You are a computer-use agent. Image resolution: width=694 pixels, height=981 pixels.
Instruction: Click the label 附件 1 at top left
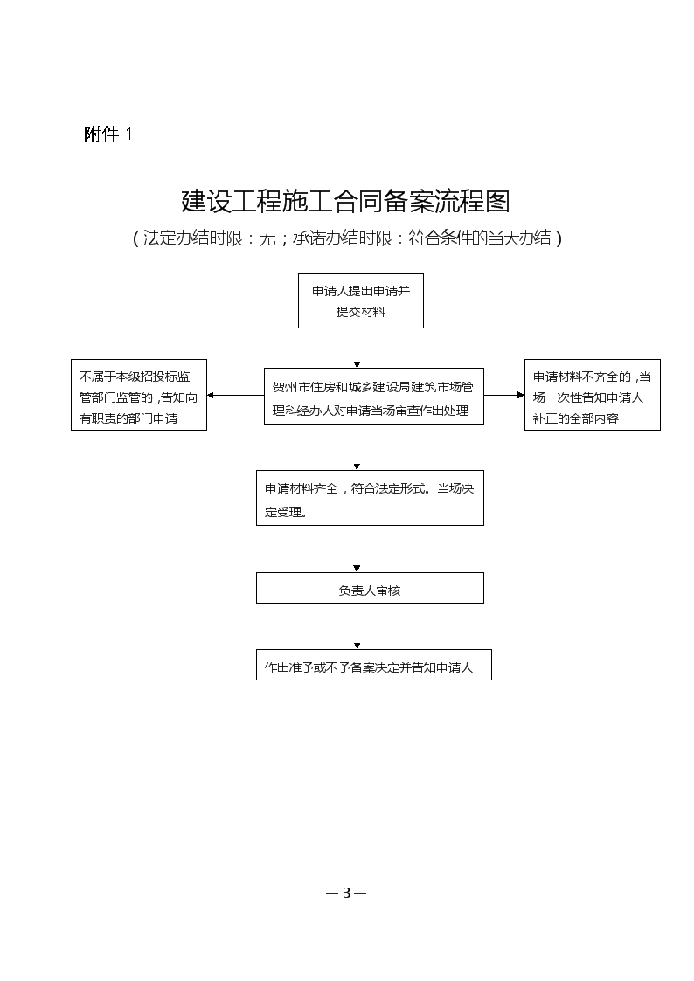(108, 134)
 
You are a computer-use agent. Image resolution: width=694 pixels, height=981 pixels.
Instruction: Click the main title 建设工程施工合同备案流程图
(345, 201)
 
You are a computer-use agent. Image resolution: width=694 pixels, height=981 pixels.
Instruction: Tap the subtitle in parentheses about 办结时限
(347, 238)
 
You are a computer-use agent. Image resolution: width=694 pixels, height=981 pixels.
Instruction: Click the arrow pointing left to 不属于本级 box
(235, 396)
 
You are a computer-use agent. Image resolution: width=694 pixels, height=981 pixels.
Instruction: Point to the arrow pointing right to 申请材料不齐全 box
(503, 396)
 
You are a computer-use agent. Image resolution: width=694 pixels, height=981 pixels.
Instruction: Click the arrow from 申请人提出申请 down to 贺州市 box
(357, 348)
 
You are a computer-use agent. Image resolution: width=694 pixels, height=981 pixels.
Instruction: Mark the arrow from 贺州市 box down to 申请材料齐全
(357, 446)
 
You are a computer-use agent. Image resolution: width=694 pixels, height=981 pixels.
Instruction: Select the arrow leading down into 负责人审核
(357, 549)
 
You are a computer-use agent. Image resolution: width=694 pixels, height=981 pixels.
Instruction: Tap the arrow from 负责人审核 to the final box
(357, 626)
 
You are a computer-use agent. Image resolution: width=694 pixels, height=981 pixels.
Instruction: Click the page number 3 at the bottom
(347, 893)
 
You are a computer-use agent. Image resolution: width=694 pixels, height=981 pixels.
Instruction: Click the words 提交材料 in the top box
(360, 312)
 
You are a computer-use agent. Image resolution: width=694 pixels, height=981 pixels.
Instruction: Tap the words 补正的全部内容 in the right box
(576, 418)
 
